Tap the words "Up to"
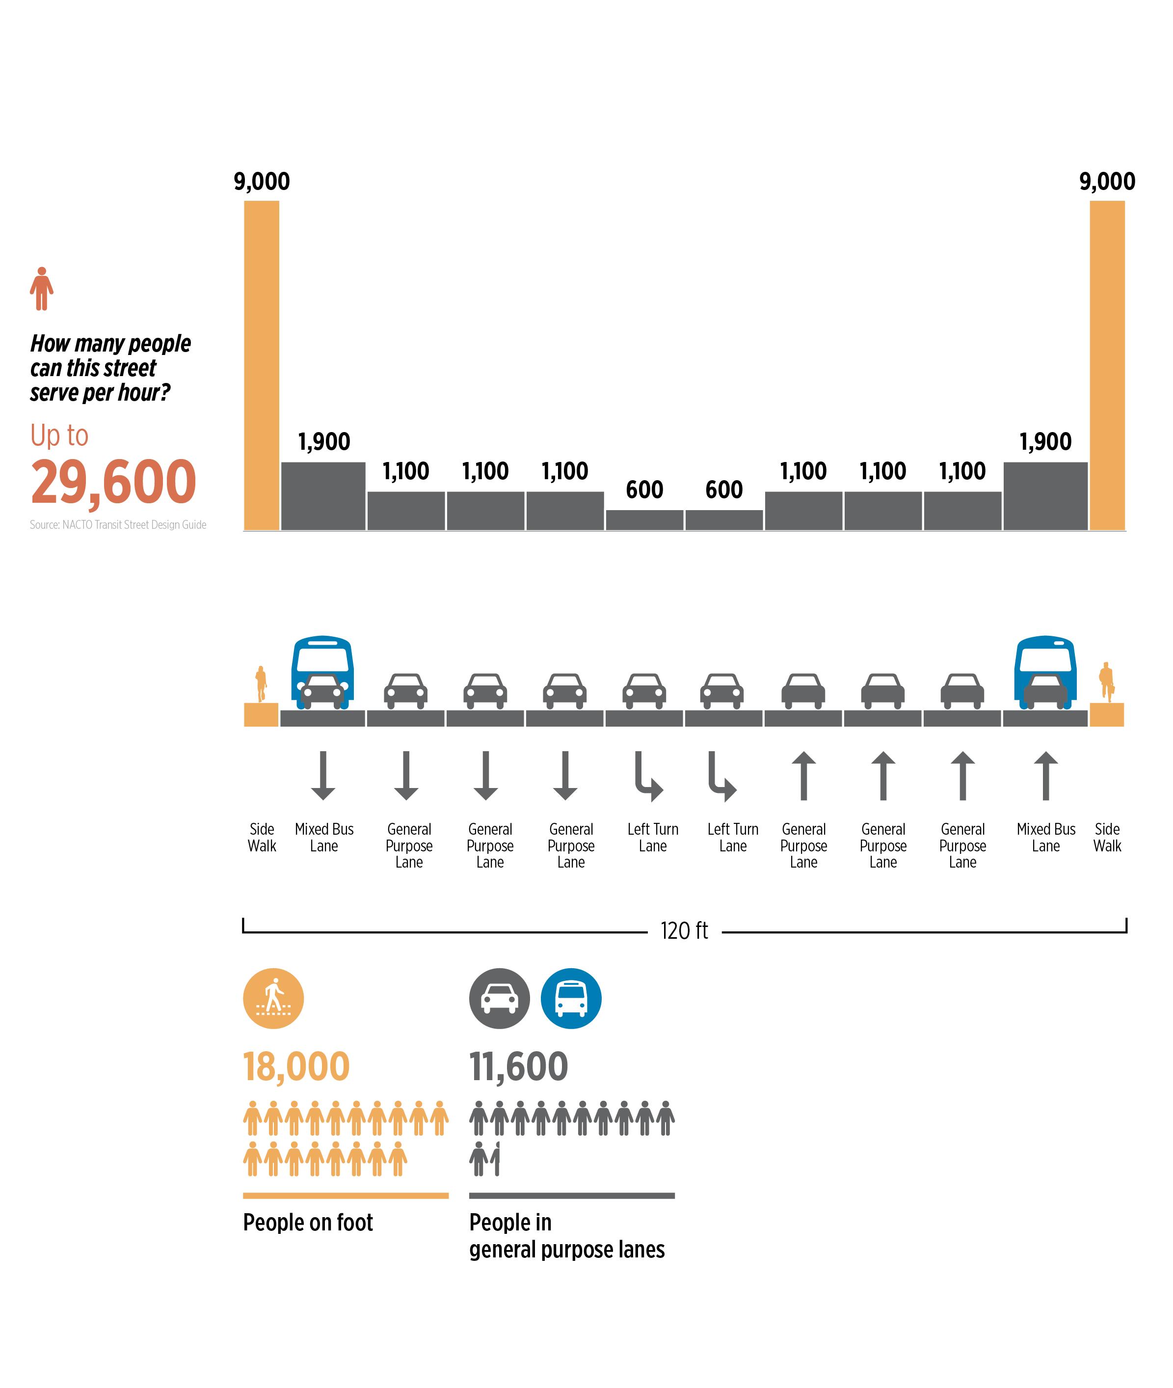click(59, 435)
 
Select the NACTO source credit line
click(118, 525)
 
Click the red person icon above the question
click(42, 289)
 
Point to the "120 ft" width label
click(684, 930)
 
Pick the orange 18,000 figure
click(296, 1067)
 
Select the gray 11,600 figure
click(519, 1067)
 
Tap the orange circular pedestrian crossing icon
click(273, 998)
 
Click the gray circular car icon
click(500, 998)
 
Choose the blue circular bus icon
click(571, 998)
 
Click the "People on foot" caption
click(308, 1223)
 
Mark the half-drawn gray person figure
click(495, 1159)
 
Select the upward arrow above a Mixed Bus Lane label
click(1045, 775)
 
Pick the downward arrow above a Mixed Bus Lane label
click(323, 775)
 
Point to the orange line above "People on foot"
click(346, 1196)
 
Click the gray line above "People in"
click(572, 1196)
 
